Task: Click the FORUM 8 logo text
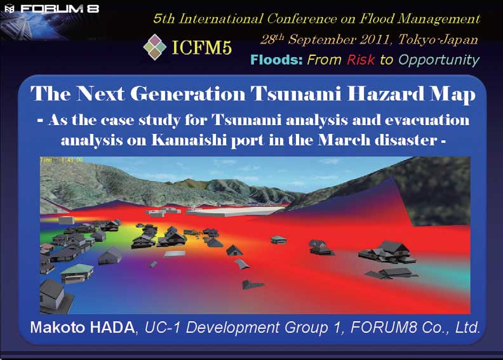pos(60,8)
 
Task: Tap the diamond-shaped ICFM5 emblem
pos(154,47)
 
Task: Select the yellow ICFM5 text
pos(202,48)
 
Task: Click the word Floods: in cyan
pos(276,60)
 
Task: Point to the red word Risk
pos(361,60)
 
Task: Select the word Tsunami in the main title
pos(295,94)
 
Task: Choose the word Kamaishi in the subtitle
pos(189,140)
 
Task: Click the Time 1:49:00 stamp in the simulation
pos(62,159)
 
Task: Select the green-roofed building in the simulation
pos(77,273)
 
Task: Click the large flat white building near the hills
pos(234,211)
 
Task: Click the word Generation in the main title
pos(187,94)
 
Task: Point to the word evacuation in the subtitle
pos(427,121)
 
